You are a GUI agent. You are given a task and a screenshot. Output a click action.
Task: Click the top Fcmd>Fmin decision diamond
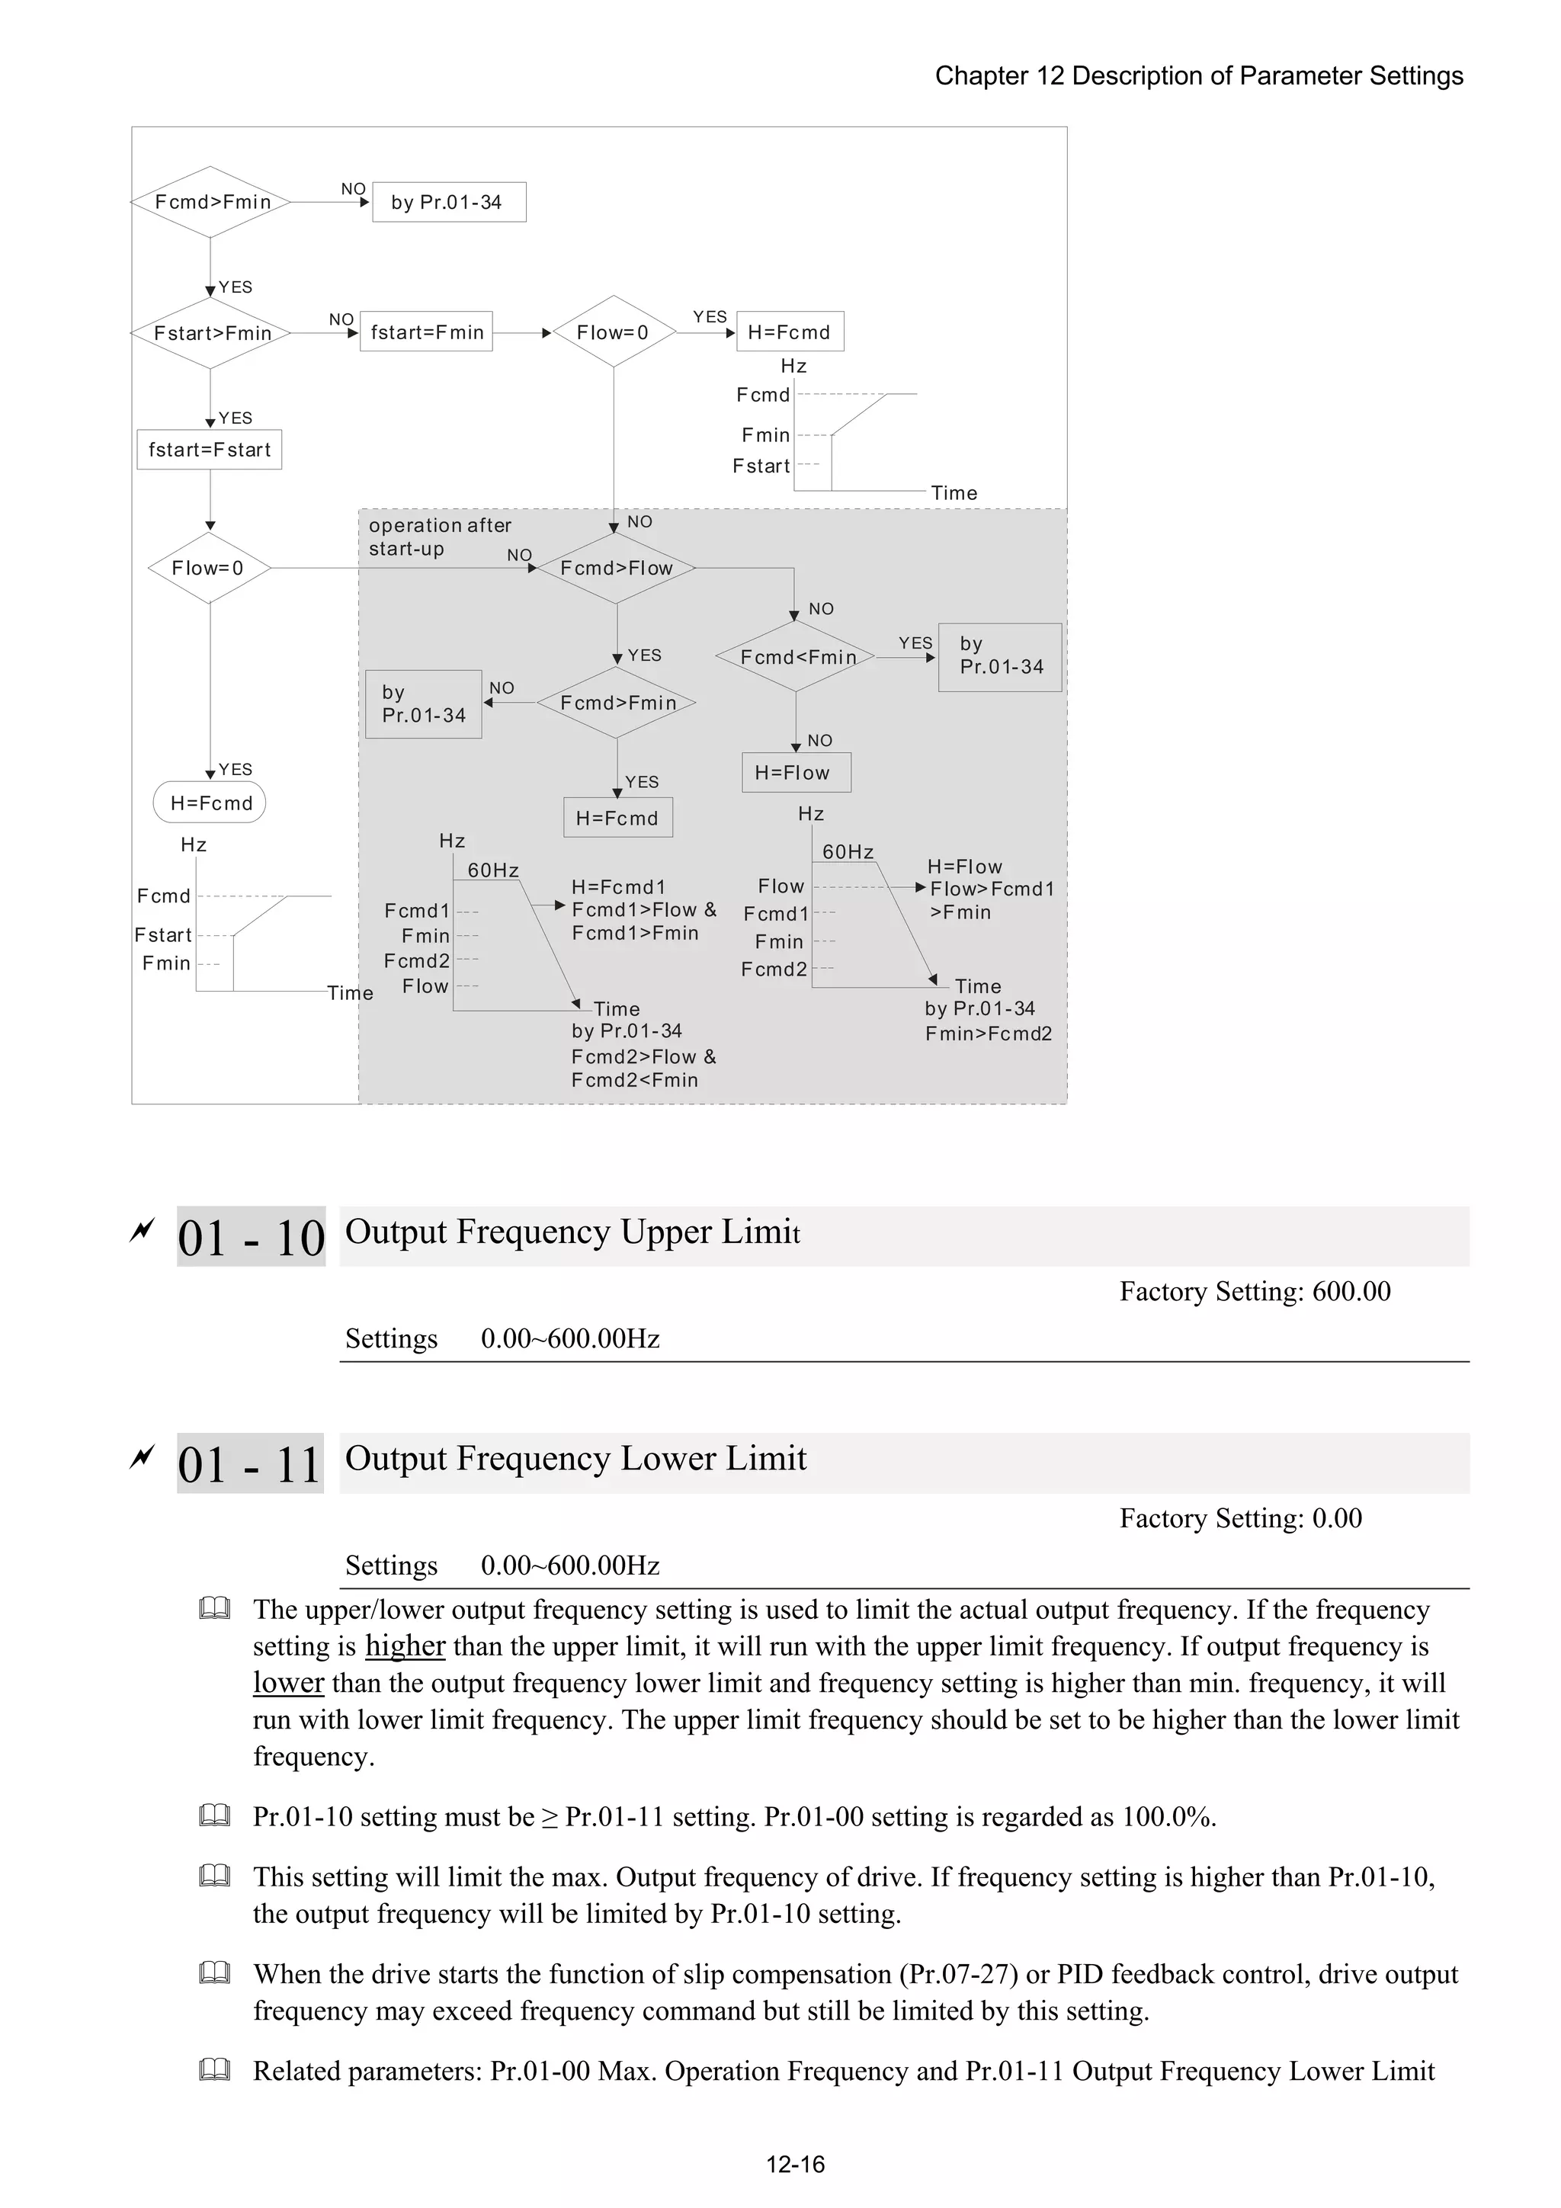[210, 202]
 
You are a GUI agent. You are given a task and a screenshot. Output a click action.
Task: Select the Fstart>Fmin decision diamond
[210, 333]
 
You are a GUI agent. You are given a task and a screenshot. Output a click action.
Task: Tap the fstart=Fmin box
[426, 332]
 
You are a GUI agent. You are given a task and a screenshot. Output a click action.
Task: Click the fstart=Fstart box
[209, 449]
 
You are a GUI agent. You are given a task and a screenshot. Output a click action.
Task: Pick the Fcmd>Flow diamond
[616, 569]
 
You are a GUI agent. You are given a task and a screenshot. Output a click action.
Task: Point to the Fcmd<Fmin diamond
[797, 657]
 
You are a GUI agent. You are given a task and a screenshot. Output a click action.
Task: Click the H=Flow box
[796, 772]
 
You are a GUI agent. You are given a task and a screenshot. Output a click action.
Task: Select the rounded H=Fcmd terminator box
[210, 803]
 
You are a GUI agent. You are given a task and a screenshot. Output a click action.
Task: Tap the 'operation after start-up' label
[440, 537]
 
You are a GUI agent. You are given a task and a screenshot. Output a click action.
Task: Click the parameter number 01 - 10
[251, 1237]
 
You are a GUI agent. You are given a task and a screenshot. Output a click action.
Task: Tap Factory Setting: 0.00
[1240, 1517]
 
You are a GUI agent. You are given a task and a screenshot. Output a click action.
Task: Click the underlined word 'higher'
[405, 1646]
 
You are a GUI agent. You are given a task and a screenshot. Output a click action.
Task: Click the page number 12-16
[794, 2164]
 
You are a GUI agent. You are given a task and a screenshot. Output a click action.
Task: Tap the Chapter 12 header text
[1198, 76]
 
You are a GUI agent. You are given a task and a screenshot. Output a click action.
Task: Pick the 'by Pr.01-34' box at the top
[448, 202]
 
